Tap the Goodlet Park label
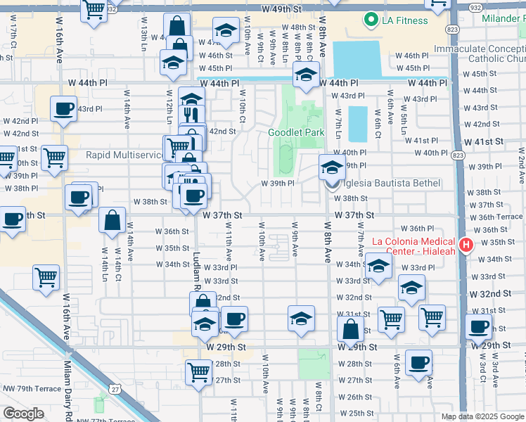(296, 132)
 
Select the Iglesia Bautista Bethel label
(390, 184)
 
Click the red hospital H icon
(465, 245)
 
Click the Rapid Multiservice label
(124, 155)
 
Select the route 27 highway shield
(113, 388)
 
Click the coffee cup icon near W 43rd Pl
(64, 109)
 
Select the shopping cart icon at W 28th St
(199, 371)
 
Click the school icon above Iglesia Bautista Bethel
(332, 167)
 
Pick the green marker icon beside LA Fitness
(371, 21)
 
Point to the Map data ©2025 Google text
(482, 416)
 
